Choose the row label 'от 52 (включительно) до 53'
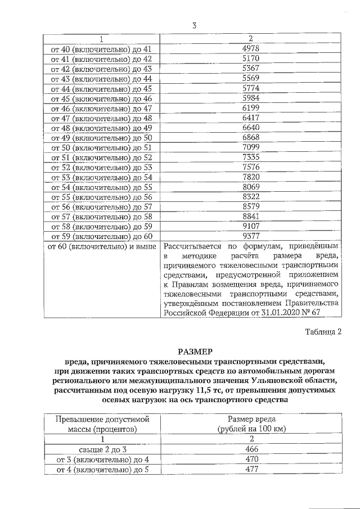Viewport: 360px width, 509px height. pyautogui.click(x=102, y=168)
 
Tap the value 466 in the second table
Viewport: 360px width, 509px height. pyautogui.click(x=251, y=449)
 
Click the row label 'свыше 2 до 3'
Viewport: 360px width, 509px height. pyautogui.click(x=102, y=449)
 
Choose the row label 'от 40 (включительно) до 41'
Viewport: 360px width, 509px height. pyautogui.click(x=102, y=49)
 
